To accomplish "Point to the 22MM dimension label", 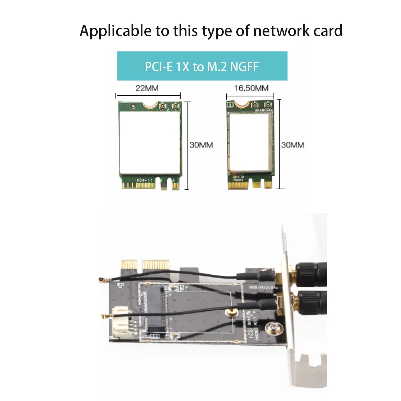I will click(x=147, y=88).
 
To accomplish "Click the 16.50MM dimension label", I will click(x=251, y=88).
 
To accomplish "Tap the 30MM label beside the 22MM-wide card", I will click(x=201, y=145).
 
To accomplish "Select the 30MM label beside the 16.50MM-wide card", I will click(x=292, y=145).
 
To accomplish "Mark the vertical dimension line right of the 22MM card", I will click(x=187, y=145).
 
